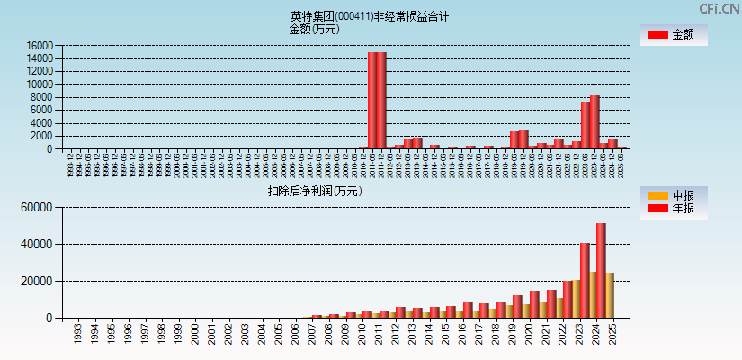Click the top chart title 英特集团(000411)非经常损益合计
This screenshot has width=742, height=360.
(x=370, y=16)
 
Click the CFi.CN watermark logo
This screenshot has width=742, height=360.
(x=720, y=9)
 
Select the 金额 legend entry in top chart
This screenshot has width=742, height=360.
(x=674, y=35)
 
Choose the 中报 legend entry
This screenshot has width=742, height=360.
(x=674, y=196)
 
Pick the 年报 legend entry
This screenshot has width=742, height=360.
(x=674, y=210)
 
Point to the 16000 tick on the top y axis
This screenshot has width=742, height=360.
(x=40, y=46)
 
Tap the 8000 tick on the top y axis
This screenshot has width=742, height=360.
(x=43, y=97)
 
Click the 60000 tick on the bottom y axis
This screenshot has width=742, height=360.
(x=39, y=208)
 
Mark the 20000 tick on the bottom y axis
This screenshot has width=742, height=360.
(x=39, y=281)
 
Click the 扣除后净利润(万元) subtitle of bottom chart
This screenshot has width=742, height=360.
(x=314, y=191)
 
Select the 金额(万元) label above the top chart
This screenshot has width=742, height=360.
(x=314, y=29)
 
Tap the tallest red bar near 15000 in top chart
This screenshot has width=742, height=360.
(x=377, y=100)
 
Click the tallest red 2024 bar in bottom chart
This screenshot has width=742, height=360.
(x=601, y=270)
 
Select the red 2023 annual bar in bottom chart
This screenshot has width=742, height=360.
(x=585, y=280)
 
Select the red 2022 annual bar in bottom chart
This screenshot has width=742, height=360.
(x=568, y=299)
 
